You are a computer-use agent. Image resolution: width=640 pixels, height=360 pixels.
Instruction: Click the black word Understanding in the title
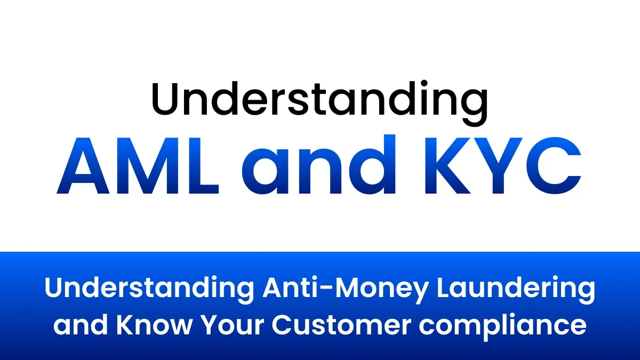320,100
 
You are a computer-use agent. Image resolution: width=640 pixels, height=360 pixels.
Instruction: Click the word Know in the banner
160,324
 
